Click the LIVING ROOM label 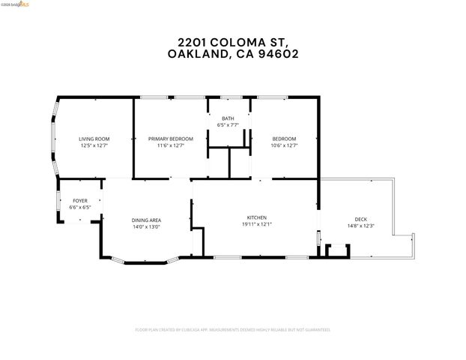[94, 139]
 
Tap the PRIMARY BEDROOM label [170, 139]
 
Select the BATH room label [228, 119]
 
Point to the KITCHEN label [257, 217]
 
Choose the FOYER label [79, 201]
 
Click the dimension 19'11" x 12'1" [257, 223]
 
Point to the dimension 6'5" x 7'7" [228, 125]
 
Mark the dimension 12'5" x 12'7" [94, 145]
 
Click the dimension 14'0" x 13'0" [147, 226]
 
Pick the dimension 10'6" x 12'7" [284, 145]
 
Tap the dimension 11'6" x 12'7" [170, 145]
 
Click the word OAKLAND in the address [195, 54]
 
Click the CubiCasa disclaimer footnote [233, 329]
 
